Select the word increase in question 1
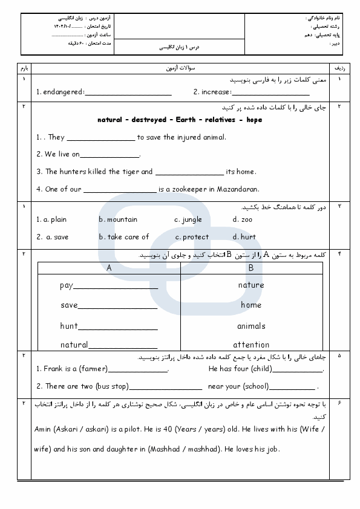(215, 92)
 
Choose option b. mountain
(118, 219)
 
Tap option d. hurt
(244, 237)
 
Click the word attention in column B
(251, 345)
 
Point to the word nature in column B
(251, 285)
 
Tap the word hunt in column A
(69, 326)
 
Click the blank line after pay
(115, 286)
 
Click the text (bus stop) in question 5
(111, 386)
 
